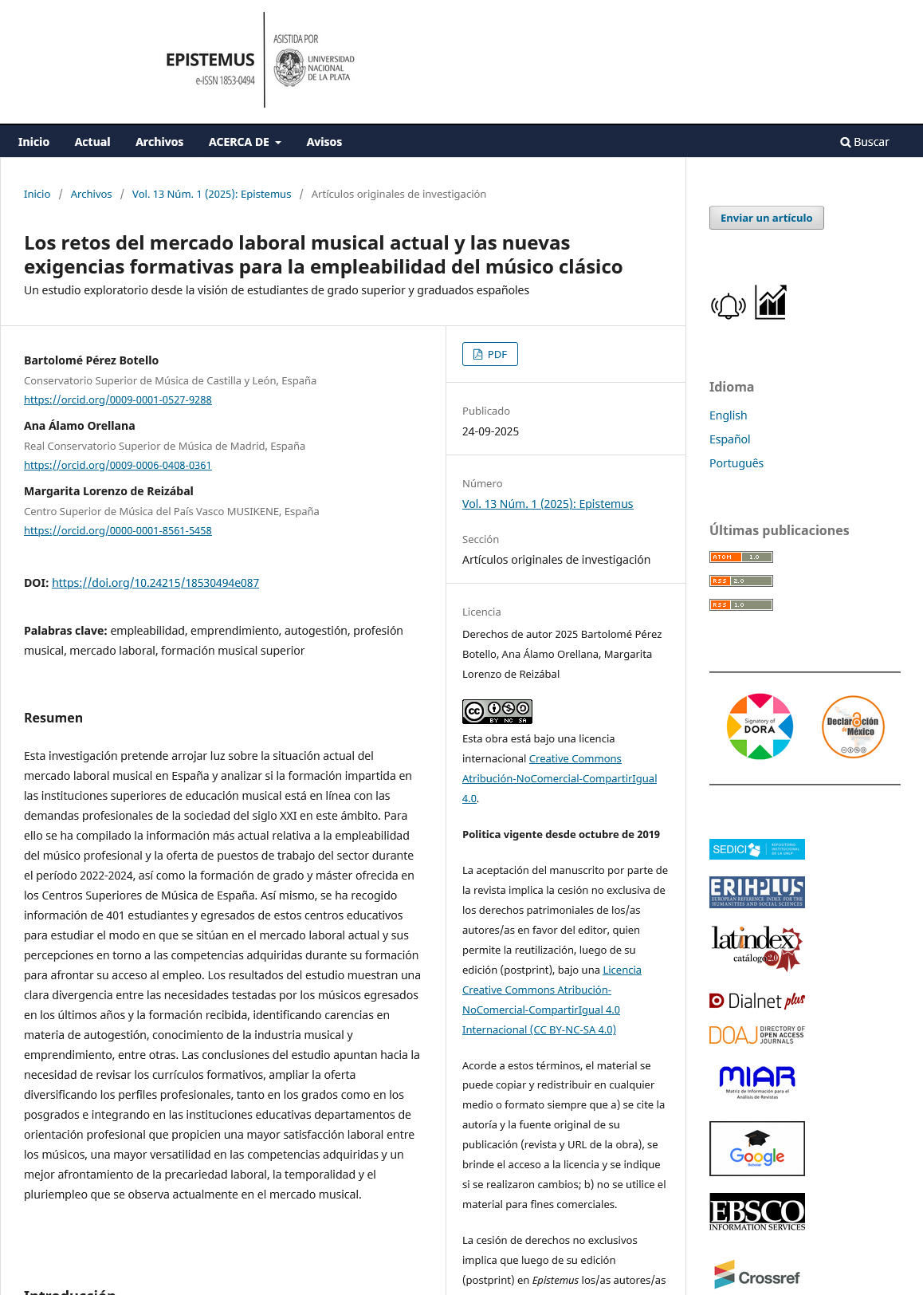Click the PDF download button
click(x=490, y=354)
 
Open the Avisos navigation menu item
click(x=324, y=142)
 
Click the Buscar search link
click(x=865, y=142)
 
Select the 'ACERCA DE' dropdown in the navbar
click(x=245, y=142)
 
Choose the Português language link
click(x=736, y=463)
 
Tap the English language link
click(x=728, y=415)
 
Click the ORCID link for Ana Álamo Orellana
click(x=118, y=465)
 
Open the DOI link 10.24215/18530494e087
click(x=155, y=583)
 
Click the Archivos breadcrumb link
click(x=91, y=194)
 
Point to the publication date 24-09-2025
click(x=490, y=431)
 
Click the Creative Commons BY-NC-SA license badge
click(x=497, y=711)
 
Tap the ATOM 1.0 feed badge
click(x=740, y=557)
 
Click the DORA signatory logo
click(x=760, y=726)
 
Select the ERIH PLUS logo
click(x=756, y=892)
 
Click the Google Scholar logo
click(x=756, y=1148)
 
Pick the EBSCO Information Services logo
click(x=756, y=1212)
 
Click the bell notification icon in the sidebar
click(x=728, y=305)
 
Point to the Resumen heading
click(x=53, y=718)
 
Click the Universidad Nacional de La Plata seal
click(x=289, y=68)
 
